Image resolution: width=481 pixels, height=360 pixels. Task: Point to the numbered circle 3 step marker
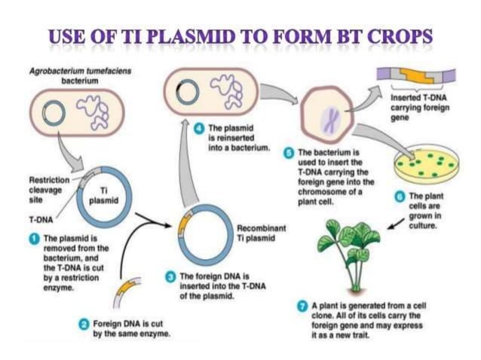(170, 275)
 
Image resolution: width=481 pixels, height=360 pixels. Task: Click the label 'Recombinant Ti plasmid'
(257, 233)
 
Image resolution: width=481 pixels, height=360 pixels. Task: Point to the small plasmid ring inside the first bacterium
(54, 114)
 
